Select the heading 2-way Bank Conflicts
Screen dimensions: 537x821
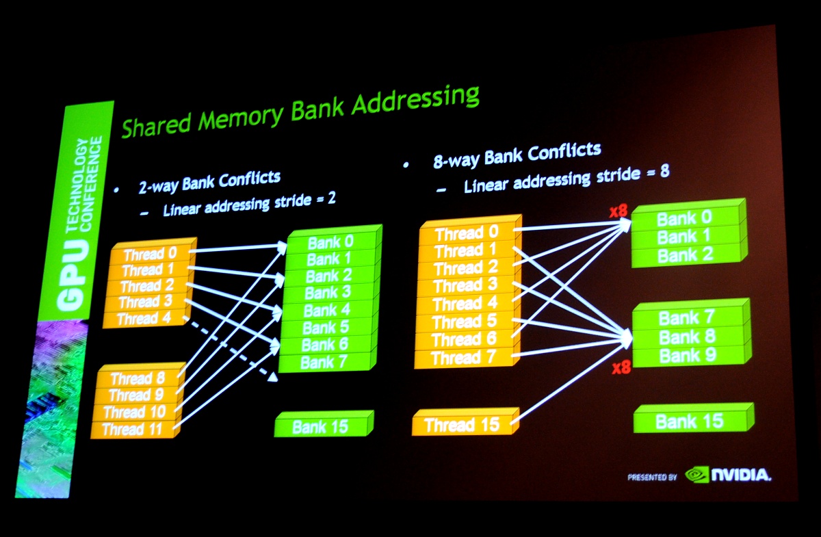(x=209, y=181)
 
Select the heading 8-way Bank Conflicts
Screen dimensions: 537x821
(x=517, y=155)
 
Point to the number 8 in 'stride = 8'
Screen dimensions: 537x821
(x=663, y=171)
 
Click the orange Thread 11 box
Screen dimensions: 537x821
(x=133, y=430)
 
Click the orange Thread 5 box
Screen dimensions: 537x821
(x=465, y=322)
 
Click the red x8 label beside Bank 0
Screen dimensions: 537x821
(x=618, y=212)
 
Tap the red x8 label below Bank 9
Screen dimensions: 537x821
(x=621, y=368)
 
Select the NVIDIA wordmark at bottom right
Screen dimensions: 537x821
(x=741, y=475)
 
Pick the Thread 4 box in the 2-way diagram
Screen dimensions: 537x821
(x=142, y=319)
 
